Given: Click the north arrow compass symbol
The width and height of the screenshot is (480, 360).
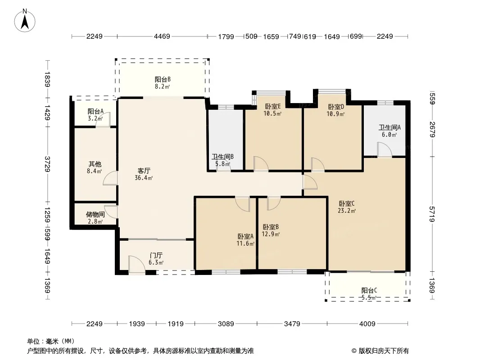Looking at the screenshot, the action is [25, 21].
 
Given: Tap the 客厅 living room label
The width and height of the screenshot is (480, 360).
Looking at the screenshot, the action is [144, 171].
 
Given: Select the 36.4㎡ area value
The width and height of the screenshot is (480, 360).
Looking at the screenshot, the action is [144, 178].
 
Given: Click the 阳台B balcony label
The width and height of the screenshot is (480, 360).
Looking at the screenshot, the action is [163, 80].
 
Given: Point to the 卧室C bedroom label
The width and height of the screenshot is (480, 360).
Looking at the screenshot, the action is [347, 203].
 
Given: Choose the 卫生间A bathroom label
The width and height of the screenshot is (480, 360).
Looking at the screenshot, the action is [389, 127].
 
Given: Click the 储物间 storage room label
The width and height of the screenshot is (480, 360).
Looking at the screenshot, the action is [95, 214].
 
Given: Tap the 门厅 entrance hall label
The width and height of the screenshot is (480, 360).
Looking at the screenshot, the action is [156, 256].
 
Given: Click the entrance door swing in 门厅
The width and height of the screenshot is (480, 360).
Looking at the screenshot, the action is [136, 264].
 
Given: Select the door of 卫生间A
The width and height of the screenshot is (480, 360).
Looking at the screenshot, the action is [385, 149].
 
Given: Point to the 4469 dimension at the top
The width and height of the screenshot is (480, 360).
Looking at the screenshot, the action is [162, 36].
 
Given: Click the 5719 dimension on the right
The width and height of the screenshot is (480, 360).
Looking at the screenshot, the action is [432, 214].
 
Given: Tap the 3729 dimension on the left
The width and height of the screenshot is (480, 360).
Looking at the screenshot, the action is [48, 164].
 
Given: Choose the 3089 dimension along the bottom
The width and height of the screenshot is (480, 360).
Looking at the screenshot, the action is [226, 324].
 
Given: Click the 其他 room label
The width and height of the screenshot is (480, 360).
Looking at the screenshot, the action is [95, 164].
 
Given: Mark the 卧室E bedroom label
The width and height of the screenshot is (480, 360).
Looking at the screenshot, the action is [273, 107].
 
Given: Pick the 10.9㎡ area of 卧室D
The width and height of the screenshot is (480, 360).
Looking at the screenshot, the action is [335, 114].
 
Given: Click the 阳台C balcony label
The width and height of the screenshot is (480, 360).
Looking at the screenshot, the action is [369, 291].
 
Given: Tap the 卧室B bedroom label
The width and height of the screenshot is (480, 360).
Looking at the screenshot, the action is [271, 227].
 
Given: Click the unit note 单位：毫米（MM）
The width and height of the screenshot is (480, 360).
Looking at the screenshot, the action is [51, 342].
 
